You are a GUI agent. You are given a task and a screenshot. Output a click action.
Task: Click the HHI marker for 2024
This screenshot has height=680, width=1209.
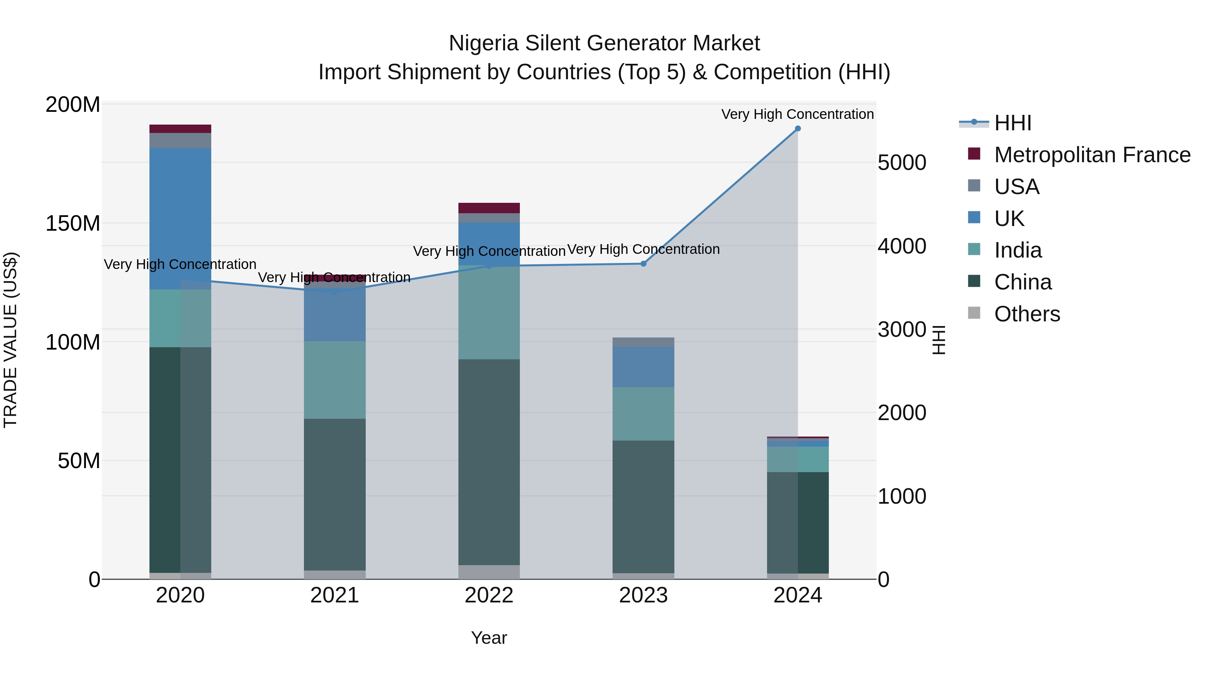[x=797, y=129]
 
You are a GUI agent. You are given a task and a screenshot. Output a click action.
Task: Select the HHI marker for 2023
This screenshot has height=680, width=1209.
[x=643, y=264]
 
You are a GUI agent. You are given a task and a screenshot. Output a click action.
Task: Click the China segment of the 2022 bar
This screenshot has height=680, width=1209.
[x=489, y=462]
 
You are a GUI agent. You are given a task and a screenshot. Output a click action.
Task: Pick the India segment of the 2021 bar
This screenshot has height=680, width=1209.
[x=334, y=380]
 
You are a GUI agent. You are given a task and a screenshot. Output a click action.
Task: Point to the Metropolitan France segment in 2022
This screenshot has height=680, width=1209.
[x=489, y=208]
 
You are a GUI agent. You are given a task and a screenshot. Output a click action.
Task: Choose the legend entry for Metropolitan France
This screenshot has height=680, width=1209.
[x=1092, y=155]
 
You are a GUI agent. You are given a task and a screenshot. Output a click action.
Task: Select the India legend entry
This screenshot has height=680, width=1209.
[x=1018, y=250]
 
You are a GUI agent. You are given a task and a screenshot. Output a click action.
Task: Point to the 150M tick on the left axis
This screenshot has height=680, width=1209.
[x=73, y=223]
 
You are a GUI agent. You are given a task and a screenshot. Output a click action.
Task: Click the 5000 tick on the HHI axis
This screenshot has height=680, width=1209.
[x=902, y=163]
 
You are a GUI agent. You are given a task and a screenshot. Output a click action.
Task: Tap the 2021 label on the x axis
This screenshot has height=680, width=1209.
[x=334, y=595]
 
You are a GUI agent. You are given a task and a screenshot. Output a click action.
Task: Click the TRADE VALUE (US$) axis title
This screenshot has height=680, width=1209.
[x=10, y=340]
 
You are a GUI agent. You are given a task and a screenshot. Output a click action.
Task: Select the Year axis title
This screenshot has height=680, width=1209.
[x=489, y=638]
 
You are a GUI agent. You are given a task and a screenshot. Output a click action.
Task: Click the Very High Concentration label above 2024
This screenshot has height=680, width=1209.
[x=797, y=114]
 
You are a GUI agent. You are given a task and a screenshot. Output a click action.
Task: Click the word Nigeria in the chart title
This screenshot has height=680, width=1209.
[x=484, y=43]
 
